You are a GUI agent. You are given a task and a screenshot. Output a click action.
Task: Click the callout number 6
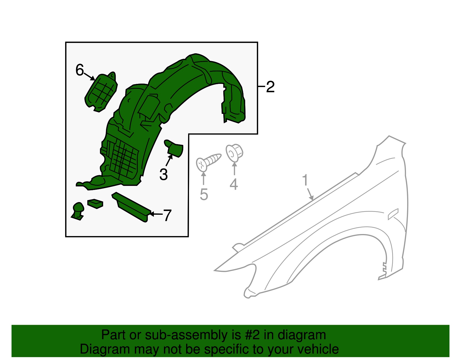[80, 70]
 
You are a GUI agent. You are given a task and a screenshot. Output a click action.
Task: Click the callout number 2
[270, 87]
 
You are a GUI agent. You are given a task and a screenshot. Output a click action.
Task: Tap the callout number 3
[163, 175]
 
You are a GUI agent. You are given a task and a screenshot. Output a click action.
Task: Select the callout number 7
[167, 215]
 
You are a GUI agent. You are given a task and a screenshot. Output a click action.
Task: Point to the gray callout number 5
[204, 195]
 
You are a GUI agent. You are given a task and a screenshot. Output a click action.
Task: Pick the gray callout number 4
[234, 184]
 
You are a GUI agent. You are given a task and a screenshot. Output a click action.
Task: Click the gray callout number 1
[305, 180]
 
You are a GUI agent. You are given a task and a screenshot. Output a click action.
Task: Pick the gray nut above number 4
[234, 153]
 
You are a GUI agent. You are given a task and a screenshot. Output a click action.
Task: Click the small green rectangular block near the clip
[95, 203]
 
